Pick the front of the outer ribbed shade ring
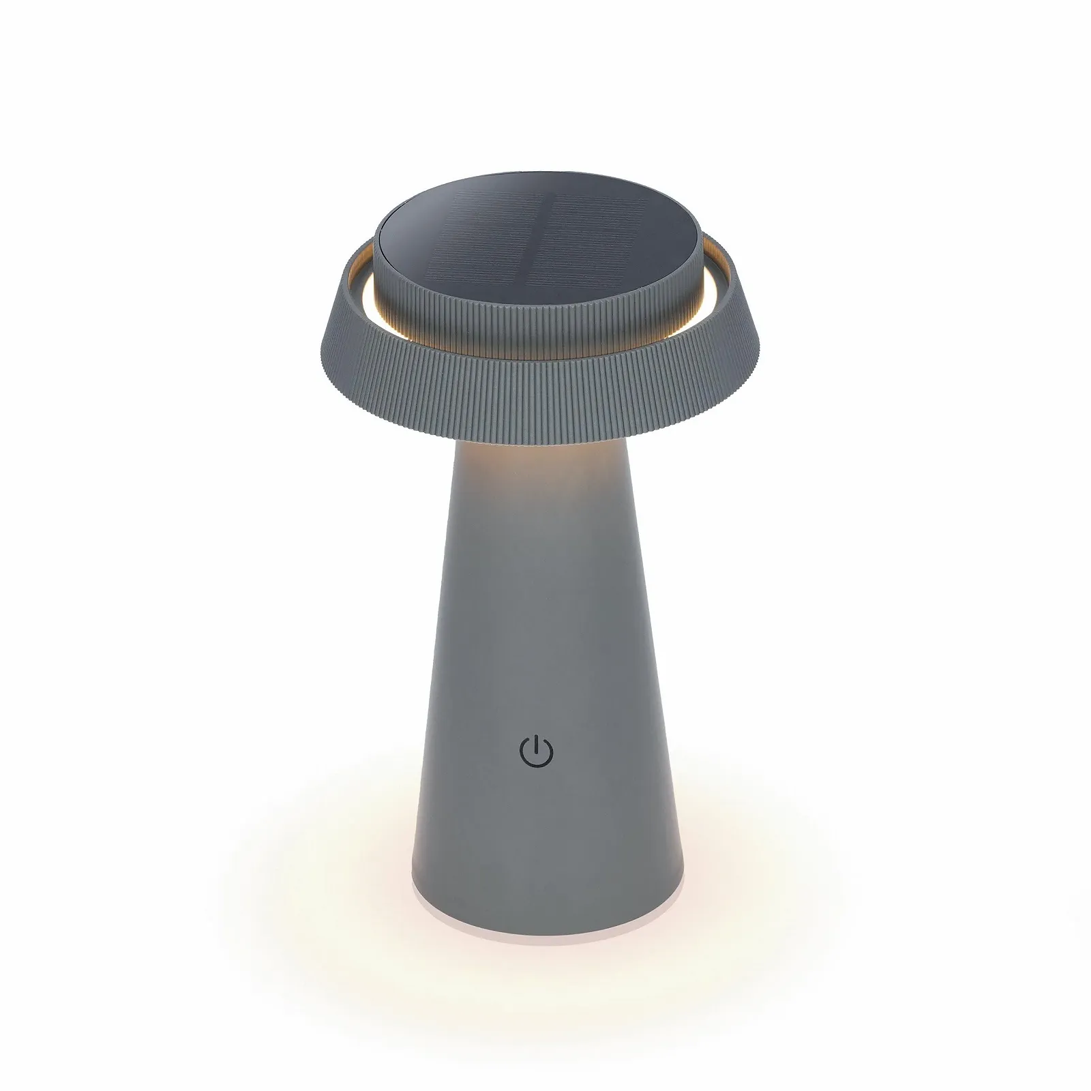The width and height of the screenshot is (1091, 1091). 545,395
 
